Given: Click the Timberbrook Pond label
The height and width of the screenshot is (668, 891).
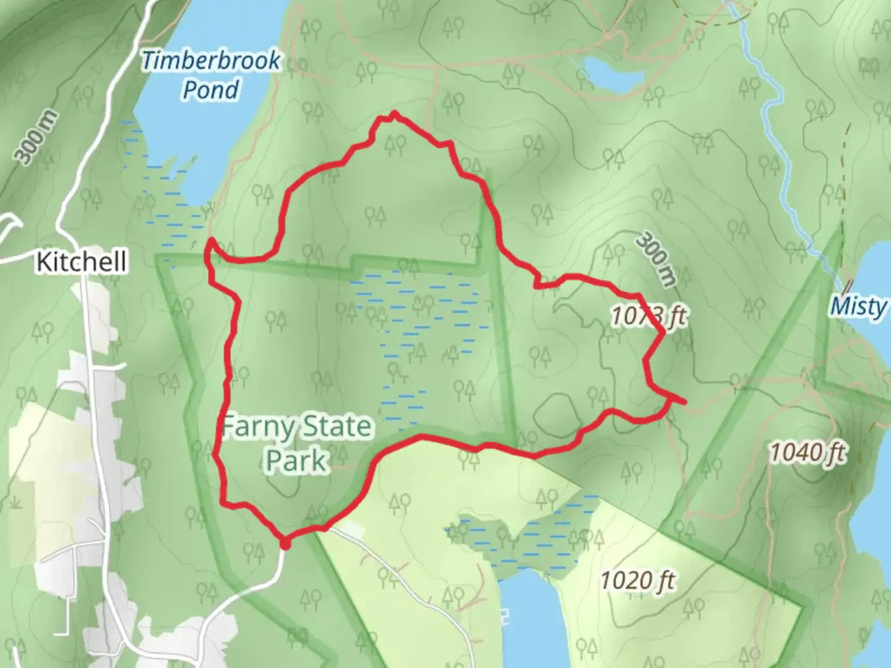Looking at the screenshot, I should (x=210, y=75).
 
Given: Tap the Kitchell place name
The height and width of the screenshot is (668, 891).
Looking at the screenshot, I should (x=81, y=262).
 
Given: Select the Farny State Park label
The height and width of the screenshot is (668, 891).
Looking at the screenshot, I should (x=296, y=443).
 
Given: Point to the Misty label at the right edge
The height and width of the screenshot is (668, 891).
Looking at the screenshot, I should (x=859, y=306).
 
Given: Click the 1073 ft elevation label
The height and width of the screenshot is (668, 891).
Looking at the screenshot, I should (x=649, y=316).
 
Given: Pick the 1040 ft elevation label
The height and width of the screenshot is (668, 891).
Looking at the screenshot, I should (x=807, y=453).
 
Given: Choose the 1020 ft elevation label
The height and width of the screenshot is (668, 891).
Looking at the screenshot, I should (x=638, y=580).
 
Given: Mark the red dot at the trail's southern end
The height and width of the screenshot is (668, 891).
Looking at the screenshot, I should (x=285, y=544).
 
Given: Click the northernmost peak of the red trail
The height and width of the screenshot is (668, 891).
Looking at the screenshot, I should (x=394, y=114).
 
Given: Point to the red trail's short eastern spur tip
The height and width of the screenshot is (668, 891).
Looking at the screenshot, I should (x=684, y=403).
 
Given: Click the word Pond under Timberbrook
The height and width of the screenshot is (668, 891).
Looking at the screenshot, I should (x=211, y=90).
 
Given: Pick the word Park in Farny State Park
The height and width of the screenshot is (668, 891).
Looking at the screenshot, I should (x=296, y=460).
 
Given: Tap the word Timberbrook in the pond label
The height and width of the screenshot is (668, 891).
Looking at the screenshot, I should (x=210, y=61).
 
